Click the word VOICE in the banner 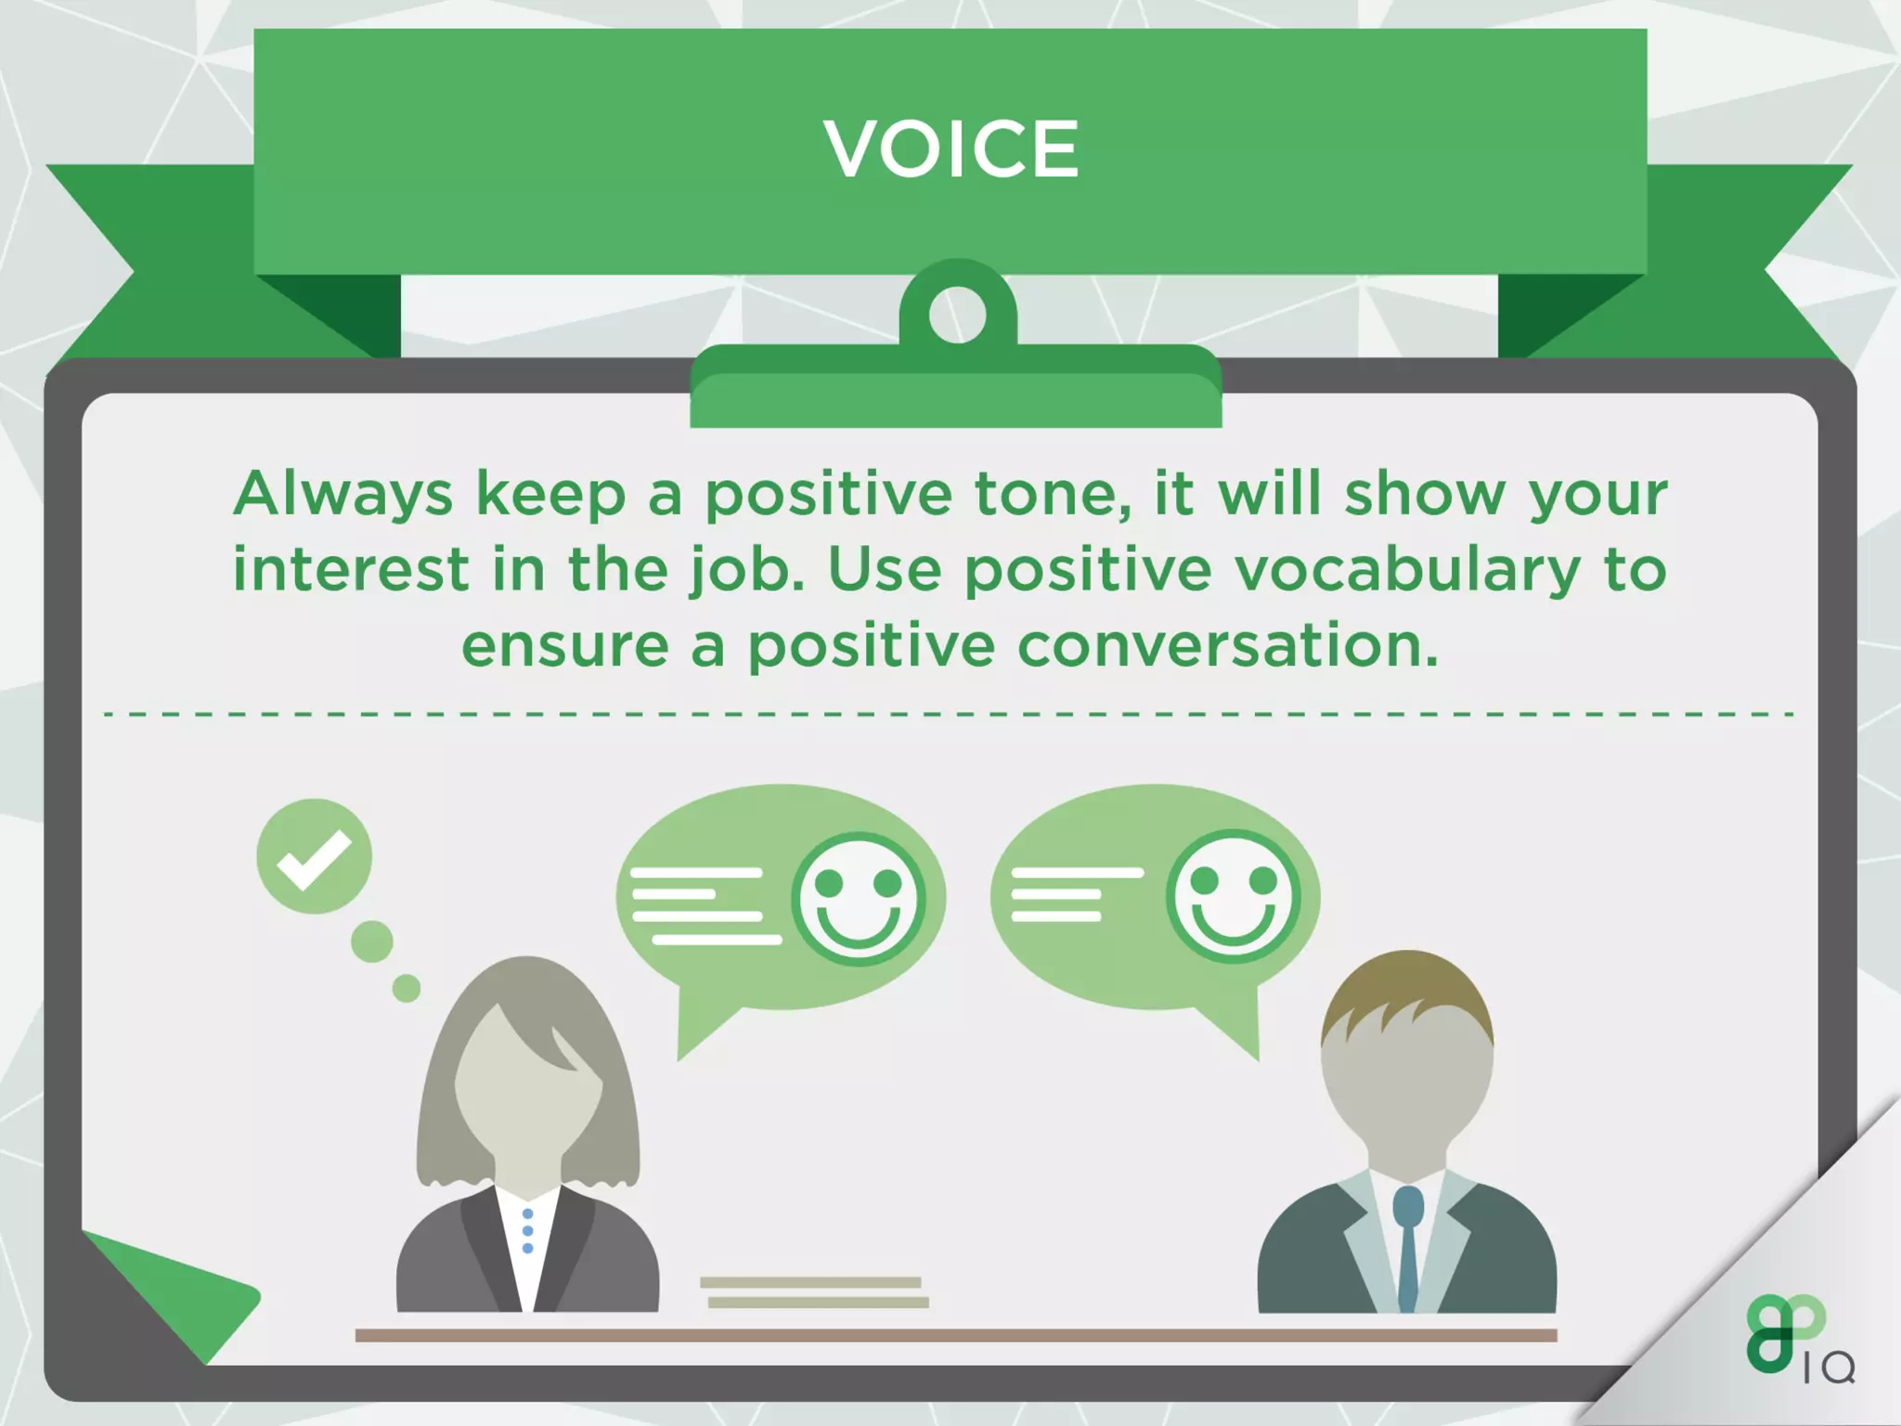click(x=950, y=149)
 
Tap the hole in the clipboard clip click(x=957, y=315)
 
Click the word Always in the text click(x=343, y=495)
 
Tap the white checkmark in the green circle click(x=314, y=858)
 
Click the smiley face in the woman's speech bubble click(x=858, y=899)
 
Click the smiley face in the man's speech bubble click(x=1233, y=896)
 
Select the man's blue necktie click(x=1408, y=1244)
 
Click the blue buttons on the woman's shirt click(x=527, y=1231)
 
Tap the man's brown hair click(x=1406, y=998)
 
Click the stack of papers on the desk click(x=814, y=1292)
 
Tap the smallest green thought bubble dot click(x=406, y=988)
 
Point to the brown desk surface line click(x=955, y=1335)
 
